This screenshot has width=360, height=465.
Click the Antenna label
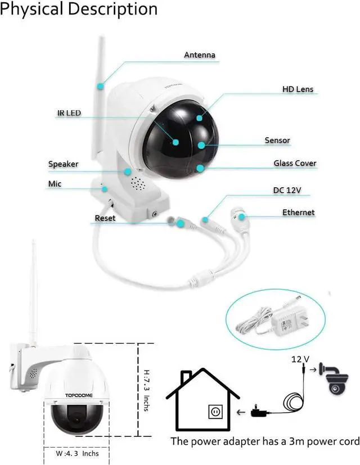click(x=200, y=55)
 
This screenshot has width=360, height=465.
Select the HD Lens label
click(x=298, y=89)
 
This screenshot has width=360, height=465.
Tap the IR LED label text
click(x=69, y=113)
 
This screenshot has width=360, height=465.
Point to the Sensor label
click(x=277, y=140)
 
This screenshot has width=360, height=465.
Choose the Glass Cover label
click(x=295, y=164)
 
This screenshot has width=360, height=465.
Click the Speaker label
click(x=63, y=164)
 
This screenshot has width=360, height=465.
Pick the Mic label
click(x=55, y=184)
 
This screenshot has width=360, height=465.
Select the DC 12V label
click(x=287, y=191)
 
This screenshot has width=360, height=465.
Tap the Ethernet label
click(x=298, y=213)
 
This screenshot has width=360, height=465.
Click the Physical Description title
click(x=79, y=10)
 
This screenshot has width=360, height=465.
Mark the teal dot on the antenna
click(x=100, y=86)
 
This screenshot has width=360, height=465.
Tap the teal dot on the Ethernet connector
click(x=241, y=216)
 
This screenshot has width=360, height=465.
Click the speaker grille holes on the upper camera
click(x=137, y=183)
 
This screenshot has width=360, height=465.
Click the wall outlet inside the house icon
click(x=214, y=412)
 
